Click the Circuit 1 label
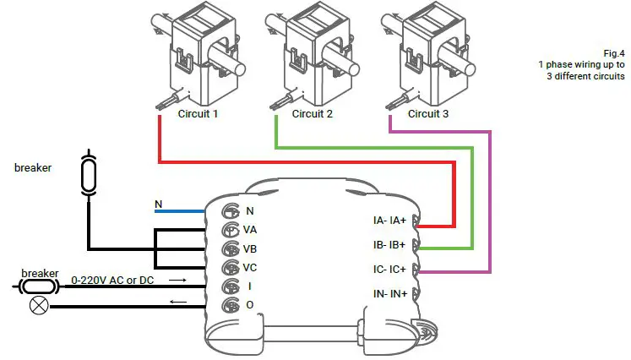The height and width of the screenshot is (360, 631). click(199, 114)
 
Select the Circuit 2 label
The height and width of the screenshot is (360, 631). click(313, 114)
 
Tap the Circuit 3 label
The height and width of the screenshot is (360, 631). click(429, 114)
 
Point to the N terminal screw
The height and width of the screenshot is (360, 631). click(229, 211)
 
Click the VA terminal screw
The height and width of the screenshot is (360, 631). click(229, 230)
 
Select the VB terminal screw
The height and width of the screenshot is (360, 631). click(229, 249)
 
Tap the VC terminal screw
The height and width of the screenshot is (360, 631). click(229, 268)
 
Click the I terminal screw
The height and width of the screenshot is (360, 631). click(229, 287)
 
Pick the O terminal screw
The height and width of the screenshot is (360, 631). click(229, 306)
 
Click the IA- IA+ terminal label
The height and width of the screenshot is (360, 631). click(390, 221)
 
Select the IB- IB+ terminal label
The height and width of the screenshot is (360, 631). click(390, 245)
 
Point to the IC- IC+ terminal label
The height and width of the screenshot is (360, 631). click(390, 270)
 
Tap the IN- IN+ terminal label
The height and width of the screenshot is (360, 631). click(390, 294)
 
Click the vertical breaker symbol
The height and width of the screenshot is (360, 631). click(88, 173)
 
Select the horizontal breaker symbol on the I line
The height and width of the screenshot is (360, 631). click(38, 286)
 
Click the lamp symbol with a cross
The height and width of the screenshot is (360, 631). click(38, 306)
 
